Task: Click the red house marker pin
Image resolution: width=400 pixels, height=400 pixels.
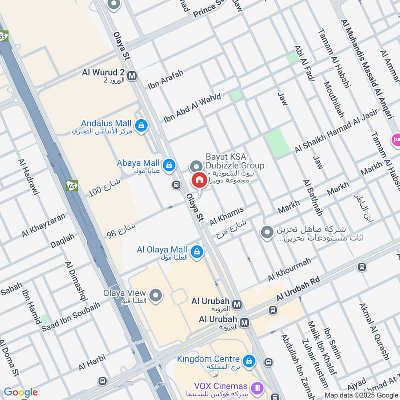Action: click(199, 180)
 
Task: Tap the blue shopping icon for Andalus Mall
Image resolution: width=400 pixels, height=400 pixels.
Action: click(142, 124)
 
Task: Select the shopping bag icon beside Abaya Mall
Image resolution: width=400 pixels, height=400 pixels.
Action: click(169, 164)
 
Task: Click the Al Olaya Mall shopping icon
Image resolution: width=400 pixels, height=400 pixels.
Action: click(197, 250)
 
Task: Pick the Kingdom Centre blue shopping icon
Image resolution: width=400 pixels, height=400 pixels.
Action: click(248, 360)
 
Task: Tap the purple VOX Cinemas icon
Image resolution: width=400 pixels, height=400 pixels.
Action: click(257, 386)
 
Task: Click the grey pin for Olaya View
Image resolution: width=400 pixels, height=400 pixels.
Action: click(156, 296)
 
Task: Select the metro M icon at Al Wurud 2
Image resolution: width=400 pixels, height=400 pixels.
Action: click(132, 76)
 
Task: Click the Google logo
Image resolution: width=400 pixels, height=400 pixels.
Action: click(21, 392)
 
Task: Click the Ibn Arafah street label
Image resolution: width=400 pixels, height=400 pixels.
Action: click(166, 79)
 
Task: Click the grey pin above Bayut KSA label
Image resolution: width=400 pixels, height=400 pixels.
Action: click(196, 166)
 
